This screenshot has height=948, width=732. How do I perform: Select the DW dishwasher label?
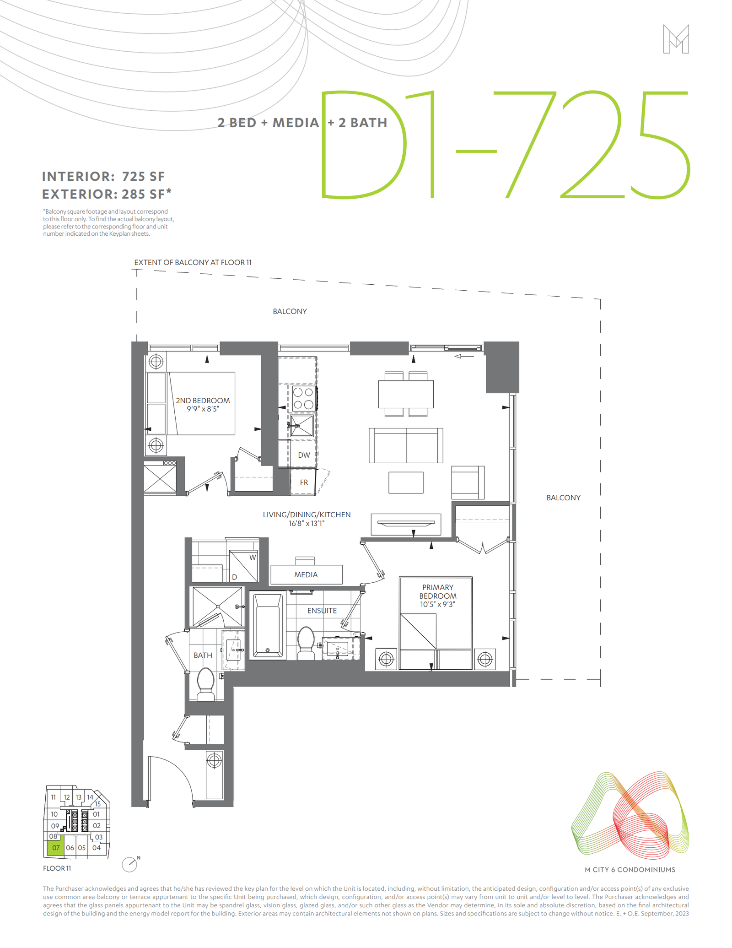pyautogui.click(x=304, y=455)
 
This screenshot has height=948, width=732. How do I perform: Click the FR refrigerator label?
pyautogui.click(x=304, y=482)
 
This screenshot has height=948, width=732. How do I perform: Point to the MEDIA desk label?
pyautogui.click(x=306, y=575)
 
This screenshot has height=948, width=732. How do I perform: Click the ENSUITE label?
pyautogui.click(x=322, y=611)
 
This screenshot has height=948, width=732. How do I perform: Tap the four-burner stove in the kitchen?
pyautogui.click(x=303, y=398)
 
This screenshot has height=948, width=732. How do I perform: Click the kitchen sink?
pyautogui.click(x=301, y=426)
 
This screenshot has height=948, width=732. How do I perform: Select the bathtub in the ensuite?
pyautogui.click(x=268, y=625)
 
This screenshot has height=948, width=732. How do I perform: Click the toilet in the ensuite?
pyautogui.click(x=306, y=643)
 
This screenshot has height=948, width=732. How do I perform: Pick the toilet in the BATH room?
pyautogui.click(x=205, y=684)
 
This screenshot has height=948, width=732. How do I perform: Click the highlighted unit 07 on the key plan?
pyautogui.click(x=55, y=847)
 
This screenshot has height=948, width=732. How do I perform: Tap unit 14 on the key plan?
pyautogui.click(x=90, y=797)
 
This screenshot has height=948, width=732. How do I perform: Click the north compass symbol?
pyautogui.click(x=130, y=864)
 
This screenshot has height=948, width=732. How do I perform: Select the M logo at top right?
pyautogui.click(x=676, y=39)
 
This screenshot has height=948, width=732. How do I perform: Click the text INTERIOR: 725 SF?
pyautogui.click(x=103, y=176)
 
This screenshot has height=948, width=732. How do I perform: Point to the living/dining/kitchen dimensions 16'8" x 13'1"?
pyautogui.click(x=307, y=523)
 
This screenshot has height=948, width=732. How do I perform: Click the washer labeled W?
pyautogui.click(x=244, y=566)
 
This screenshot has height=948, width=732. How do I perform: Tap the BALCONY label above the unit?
pyautogui.click(x=290, y=311)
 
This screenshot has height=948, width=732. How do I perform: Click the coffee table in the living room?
pyautogui.click(x=406, y=482)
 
